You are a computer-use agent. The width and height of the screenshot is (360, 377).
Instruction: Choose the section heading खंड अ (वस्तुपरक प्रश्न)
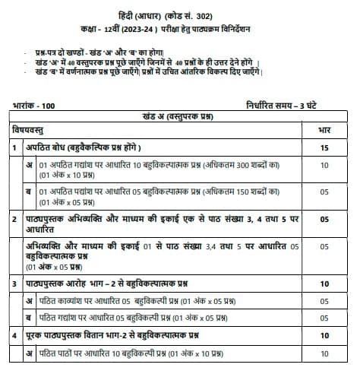(181, 116)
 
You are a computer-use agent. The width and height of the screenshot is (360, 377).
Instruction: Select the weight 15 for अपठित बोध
(325, 147)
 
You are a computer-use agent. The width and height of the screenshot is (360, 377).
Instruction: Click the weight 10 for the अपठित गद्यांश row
(325, 164)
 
